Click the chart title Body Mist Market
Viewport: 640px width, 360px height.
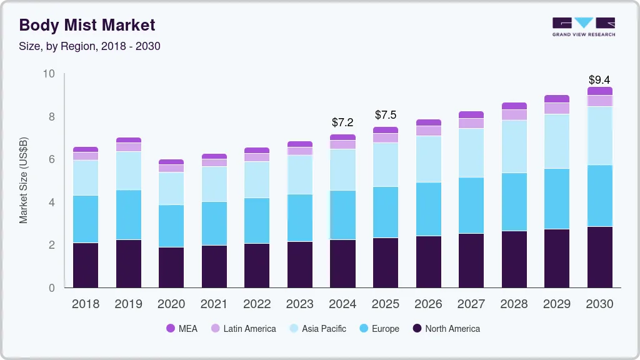click(87, 25)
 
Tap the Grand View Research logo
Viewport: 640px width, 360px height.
click(584, 27)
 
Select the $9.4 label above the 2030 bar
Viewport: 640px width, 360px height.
click(599, 80)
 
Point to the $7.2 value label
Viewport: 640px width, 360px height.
click(342, 122)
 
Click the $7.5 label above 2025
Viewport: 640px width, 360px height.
click(386, 115)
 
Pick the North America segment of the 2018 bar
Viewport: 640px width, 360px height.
click(86, 265)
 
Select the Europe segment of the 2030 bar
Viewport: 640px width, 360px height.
click(600, 196)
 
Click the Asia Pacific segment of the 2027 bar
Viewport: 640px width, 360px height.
click(471, 153)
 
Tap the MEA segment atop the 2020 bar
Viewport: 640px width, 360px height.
click(171, 162)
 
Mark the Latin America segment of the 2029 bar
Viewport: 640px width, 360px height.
click(557, 108)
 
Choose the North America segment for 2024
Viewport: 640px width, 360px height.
click(342, 263)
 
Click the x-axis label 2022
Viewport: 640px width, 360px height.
click(257, 304)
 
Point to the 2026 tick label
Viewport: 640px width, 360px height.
click(428, 304)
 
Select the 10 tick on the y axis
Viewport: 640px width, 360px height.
click(49, 74)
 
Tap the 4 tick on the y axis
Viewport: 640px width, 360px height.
click(52, 202)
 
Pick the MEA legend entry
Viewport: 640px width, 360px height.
click(182, 329)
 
